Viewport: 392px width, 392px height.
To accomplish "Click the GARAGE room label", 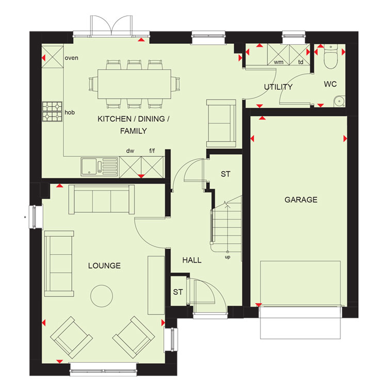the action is [301, 200].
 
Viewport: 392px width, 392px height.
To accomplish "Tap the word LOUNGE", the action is [104, 266].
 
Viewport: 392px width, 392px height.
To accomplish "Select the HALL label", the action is [192, 260].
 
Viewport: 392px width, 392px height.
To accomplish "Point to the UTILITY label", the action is [278, 87].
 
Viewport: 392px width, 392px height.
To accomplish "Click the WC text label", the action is [330, 84].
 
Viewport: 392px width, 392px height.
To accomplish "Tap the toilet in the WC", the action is [331, 57].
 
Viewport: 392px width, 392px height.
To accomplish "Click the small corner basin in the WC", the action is [339, 101].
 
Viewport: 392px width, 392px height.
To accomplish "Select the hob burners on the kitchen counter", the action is [52, 111].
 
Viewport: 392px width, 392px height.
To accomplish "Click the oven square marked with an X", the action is [53, 57].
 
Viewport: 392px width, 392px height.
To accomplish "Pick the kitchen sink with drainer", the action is [99, 167].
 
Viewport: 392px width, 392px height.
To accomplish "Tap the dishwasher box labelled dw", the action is [130, 167].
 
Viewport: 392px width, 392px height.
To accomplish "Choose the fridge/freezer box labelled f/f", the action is [153, 167].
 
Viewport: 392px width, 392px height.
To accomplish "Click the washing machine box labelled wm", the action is [278, 55].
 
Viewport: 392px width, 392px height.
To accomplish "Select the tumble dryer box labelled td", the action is [300, 55].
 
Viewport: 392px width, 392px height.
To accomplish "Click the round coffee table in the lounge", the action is [102, 296].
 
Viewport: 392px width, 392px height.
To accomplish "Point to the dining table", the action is [134, 84].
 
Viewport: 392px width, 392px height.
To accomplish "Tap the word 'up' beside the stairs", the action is [227, 257].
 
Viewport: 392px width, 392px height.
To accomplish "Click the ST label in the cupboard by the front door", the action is [178, 292].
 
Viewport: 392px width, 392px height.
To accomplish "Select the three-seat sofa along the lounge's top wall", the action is [102, 199].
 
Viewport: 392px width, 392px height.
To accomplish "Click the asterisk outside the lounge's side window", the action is [25, 218].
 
